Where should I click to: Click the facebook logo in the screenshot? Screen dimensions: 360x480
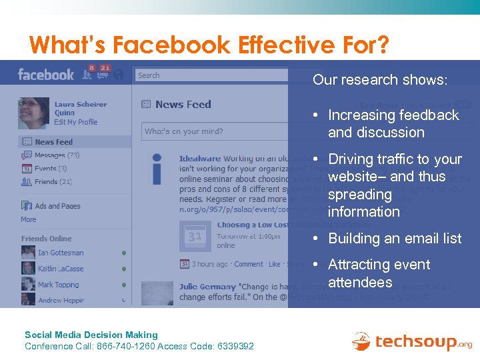(46, 74)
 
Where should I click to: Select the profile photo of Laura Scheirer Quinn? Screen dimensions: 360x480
(33, 113)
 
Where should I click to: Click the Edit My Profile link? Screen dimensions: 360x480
(75, 122)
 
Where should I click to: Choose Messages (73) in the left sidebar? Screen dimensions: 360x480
(57, 155)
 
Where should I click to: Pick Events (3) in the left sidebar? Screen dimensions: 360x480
(51, 169)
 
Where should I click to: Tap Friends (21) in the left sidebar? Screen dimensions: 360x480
(53, 181)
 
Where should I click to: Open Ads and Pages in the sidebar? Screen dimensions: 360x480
(57, 206)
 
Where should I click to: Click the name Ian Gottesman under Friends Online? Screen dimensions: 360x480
(61, 253)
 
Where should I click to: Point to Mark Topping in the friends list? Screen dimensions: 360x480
(58, 285)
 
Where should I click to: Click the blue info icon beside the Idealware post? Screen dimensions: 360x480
(157, 169)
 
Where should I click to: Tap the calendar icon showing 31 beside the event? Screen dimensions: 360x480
(196, 236)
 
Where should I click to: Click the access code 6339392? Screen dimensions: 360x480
(235, 346)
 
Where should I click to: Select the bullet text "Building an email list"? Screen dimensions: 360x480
(395, 239)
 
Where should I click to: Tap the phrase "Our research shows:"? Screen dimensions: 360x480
(379, 80)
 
